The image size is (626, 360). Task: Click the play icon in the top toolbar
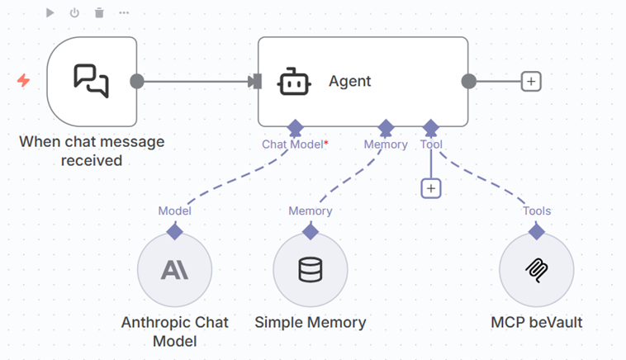(x=50, y=12)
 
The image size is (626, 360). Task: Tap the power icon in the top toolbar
(x=74, y=12)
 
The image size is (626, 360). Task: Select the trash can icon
(x=99, y=12)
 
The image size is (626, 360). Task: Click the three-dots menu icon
(x=124, y=12)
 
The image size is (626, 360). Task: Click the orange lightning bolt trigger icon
(x=23, y=80)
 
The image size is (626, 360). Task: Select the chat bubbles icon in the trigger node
(x=91, y=81)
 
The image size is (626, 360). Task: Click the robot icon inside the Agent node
(x=294, y=81)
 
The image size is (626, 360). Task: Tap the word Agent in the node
(x=350, y=81)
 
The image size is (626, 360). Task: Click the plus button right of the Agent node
(x=531, y=81)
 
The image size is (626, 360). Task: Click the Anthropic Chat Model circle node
(x=174, y=270)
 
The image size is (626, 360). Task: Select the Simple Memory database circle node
(x=311, y=270)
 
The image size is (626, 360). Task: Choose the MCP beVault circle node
(x=537, y=270)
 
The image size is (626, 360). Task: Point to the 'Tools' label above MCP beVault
(x=537, y=211)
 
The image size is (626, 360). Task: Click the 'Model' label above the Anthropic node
(x=174, y=211)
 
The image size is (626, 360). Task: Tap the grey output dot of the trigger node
(x=137, y=81)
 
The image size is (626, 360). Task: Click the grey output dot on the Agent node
(x=468, y=81)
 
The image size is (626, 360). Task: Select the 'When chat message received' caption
(x=92, y=150)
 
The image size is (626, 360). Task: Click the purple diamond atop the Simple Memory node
(x=311, y=232)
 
